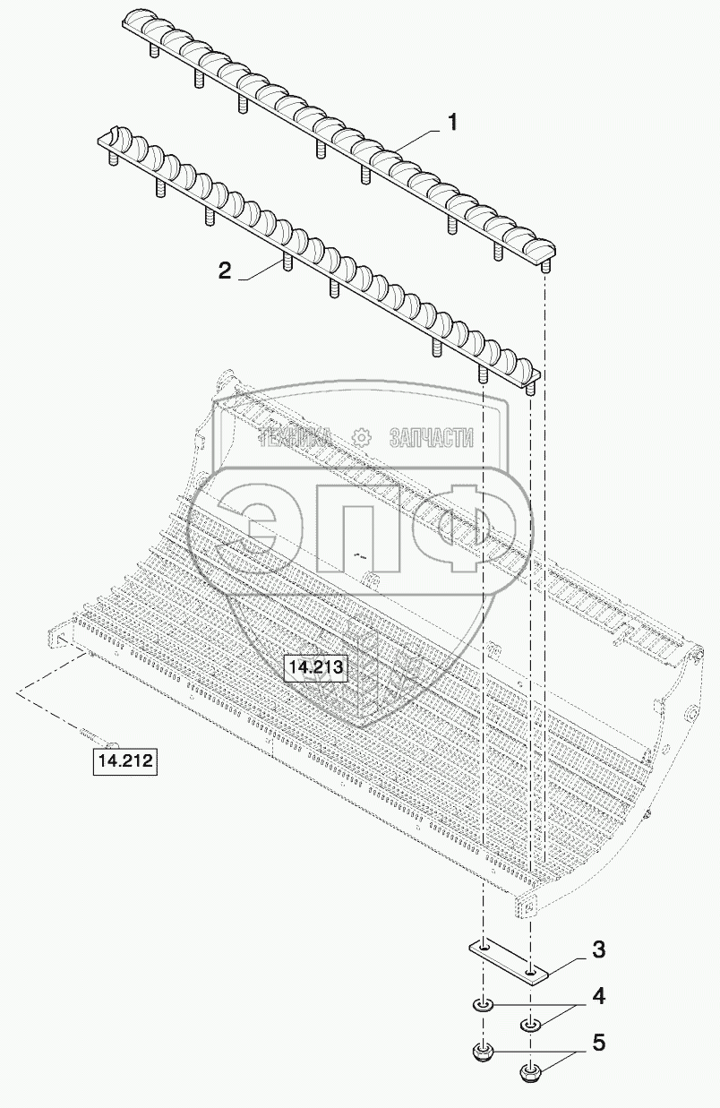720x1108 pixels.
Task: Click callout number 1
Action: click(453, 122)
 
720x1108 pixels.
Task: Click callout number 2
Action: click(225, 271)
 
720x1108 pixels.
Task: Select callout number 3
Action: click(598, 950)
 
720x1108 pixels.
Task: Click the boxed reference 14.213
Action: click(315, 667)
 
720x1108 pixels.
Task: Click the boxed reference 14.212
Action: click(125, 760)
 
